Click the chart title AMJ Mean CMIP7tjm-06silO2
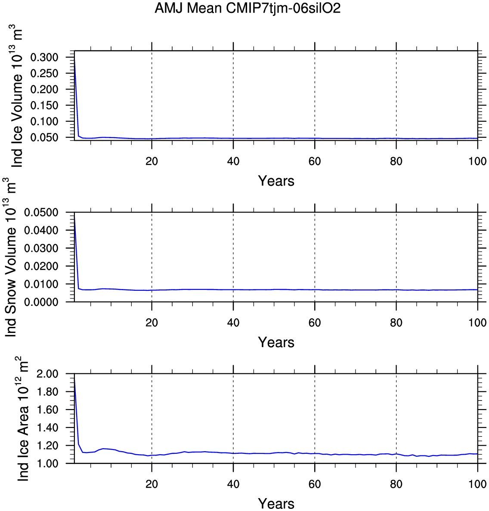coord(248,9)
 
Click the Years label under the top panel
coord(276,181)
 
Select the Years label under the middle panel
coord(276,342)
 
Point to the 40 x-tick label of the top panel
coord(233,161)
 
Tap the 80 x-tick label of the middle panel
coord(396,323)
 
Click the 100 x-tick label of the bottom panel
coord(477,484)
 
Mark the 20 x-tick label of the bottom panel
coord(152,484)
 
